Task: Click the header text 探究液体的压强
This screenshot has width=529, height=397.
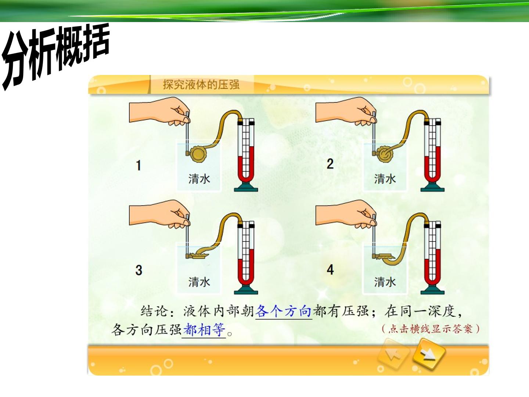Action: (201, 85)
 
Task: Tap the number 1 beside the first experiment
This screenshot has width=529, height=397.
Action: (138, 165)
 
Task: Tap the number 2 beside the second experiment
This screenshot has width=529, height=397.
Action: (330, 164)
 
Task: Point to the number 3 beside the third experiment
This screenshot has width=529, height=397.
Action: (139, 270)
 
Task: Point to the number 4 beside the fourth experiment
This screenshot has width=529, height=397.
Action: (330, 270)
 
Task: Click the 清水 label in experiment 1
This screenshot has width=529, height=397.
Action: (199, 179)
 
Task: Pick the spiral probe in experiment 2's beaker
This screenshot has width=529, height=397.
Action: (385, 154)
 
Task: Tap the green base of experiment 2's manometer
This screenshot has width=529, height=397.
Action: (432, 187)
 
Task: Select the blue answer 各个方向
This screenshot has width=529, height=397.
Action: (283, 311)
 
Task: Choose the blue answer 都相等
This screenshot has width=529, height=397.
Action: (204, 329)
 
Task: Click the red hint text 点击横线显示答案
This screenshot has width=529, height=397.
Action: (431, 329)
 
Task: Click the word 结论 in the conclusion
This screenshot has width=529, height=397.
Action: (154, 311)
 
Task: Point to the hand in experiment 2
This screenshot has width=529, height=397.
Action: (346, 111)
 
